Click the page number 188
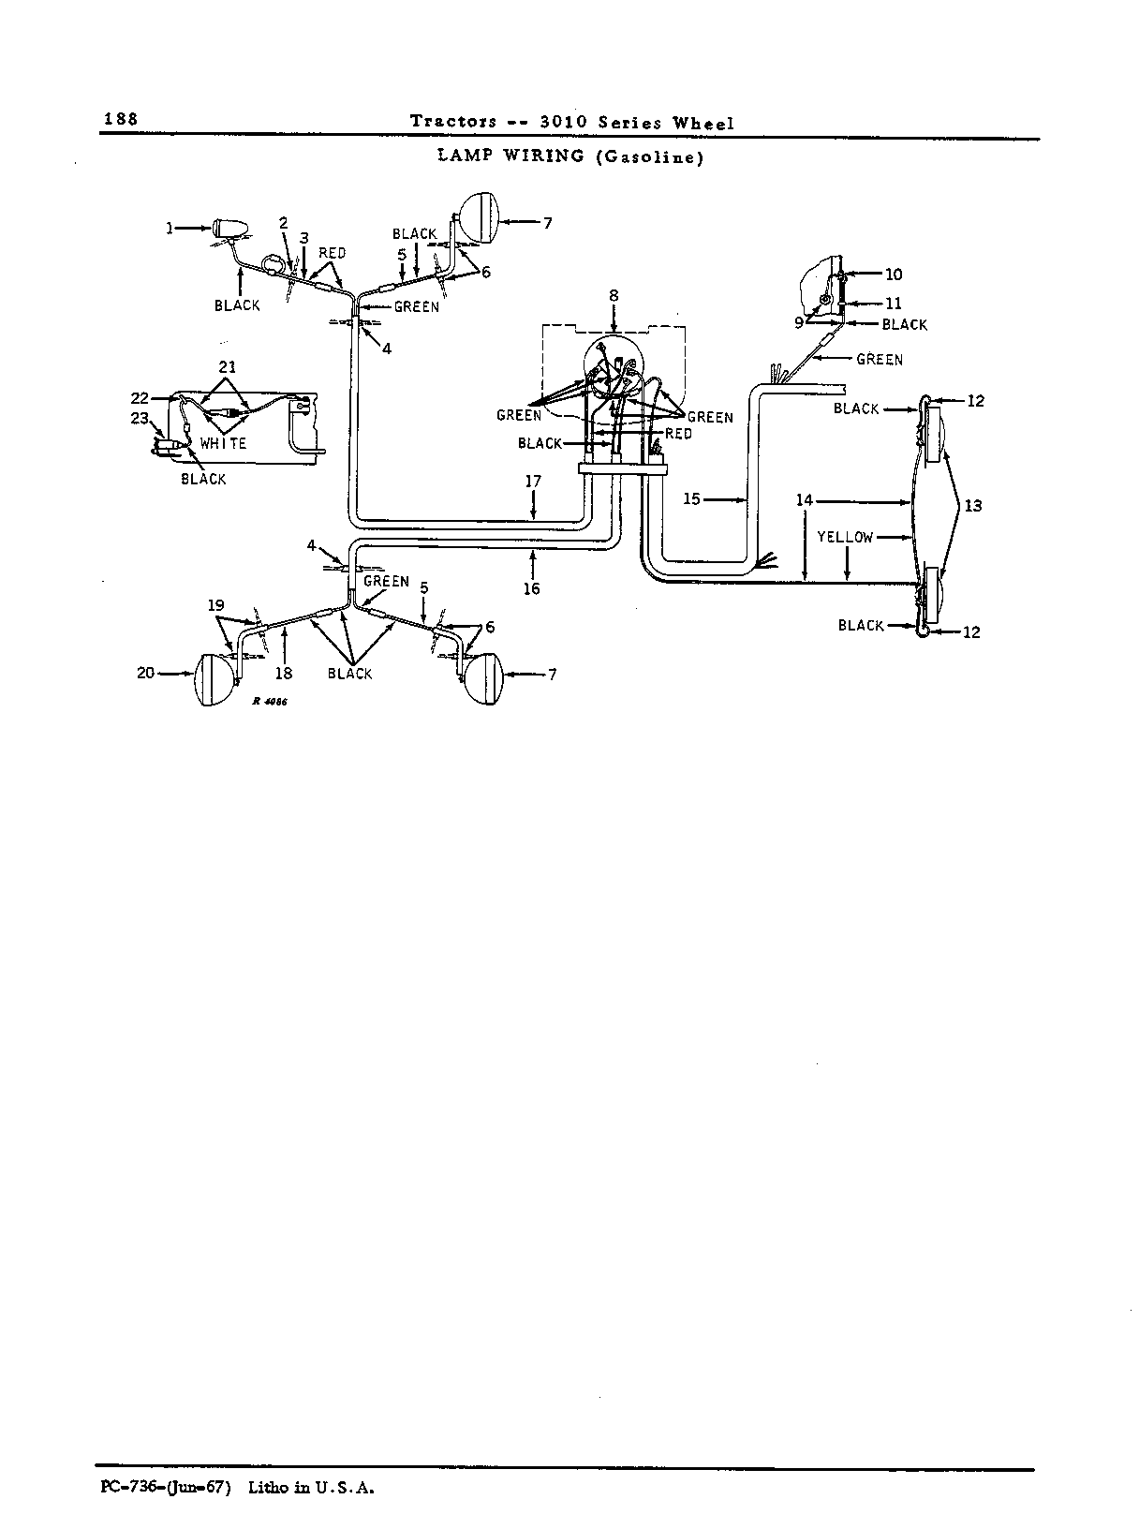[121, 119]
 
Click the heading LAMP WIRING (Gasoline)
[570, 156]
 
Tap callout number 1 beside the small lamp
[170, 228]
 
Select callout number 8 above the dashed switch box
[613, 296]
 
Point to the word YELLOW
[845, 537]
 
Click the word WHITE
[223, 444]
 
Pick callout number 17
[533, 482]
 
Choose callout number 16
[531, 588]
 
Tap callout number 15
[691, 498]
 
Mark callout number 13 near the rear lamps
[973, 506]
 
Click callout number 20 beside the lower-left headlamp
[145, 673]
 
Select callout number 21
[227, 366]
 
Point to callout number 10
[894, 275]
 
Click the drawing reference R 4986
[270, 701]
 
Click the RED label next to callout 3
[332, 253]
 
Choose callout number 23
[140, 419]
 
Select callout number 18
[284, 674]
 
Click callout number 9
[799, 322]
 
